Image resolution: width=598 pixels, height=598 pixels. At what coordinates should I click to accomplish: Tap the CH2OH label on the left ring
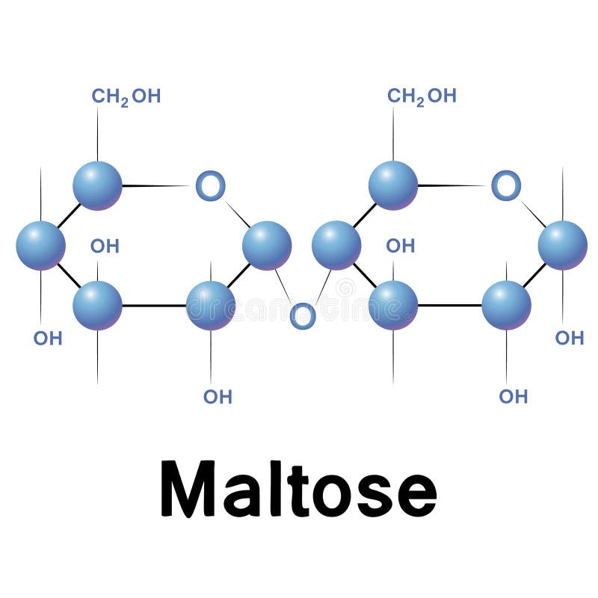tap(126, 96)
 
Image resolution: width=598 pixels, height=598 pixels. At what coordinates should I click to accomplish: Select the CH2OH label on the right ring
tap(422, 96)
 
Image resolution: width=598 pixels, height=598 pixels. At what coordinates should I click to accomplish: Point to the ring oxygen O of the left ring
tap(210, 185)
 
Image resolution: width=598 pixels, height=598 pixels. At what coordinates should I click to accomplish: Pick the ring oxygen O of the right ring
tap(506, 185)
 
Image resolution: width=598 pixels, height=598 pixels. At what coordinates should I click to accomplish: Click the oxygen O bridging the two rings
tap(302, 316)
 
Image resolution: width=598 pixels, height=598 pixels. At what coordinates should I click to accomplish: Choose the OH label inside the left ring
tap(105, 246)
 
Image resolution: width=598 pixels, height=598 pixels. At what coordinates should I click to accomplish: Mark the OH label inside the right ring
tap(400, 246)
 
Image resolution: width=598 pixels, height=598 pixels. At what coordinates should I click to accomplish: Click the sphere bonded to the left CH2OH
tap(97, 185)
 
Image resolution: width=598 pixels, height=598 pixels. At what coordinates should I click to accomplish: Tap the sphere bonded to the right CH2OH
tap(393, 185)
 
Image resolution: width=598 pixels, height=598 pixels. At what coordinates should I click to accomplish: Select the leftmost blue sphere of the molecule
tap(40, 245)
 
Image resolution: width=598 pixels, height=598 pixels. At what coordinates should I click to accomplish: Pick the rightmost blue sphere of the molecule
tap(562, 245)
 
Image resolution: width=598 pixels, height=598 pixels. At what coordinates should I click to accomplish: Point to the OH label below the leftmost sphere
tap(48, 338)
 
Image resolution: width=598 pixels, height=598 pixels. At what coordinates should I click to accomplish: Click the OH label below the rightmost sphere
tap(569, 338)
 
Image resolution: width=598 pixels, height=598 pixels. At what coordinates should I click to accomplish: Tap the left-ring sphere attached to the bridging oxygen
tap(267, 245)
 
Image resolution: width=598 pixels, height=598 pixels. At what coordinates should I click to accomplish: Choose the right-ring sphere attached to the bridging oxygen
tap(336, 245)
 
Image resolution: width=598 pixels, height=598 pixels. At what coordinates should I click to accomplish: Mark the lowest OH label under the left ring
tap(218, 397)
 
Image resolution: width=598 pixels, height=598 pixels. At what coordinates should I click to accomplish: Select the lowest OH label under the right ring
tap(514, 397)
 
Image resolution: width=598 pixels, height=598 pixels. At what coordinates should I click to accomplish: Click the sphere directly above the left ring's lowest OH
tap(211, 305)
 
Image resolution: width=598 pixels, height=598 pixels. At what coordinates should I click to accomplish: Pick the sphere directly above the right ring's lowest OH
tap(506, 305)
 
